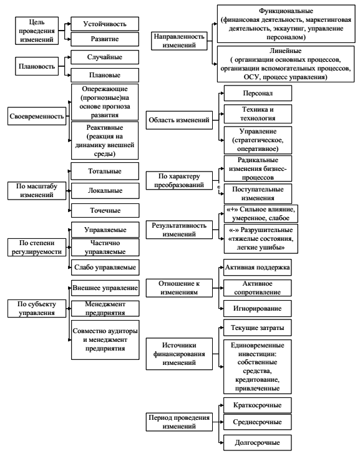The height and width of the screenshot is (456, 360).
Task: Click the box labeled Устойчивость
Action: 105,24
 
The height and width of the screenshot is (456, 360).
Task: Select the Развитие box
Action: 105,39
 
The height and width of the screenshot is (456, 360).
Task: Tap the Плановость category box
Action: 37,66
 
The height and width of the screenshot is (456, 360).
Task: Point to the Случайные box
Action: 105,57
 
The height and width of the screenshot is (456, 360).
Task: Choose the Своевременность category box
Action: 37,116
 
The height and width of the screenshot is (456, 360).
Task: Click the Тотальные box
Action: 105,171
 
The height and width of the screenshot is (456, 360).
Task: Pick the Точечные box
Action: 105,210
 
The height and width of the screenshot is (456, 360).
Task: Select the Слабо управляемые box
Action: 105,267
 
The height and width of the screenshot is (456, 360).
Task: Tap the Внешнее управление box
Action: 105,288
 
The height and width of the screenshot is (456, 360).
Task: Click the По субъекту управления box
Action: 37,308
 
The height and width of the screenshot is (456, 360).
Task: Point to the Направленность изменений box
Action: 179,41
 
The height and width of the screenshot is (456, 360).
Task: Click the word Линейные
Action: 286,51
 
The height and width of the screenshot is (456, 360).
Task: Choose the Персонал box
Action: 258,93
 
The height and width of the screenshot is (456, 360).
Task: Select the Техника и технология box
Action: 258,114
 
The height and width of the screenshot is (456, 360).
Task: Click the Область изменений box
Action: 179,120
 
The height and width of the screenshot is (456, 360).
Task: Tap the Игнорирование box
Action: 257,308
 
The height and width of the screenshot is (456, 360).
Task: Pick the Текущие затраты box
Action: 257,327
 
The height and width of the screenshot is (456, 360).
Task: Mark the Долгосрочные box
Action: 257,443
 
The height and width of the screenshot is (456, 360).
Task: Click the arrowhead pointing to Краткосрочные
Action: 222,405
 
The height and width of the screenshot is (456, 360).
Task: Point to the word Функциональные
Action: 286,11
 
